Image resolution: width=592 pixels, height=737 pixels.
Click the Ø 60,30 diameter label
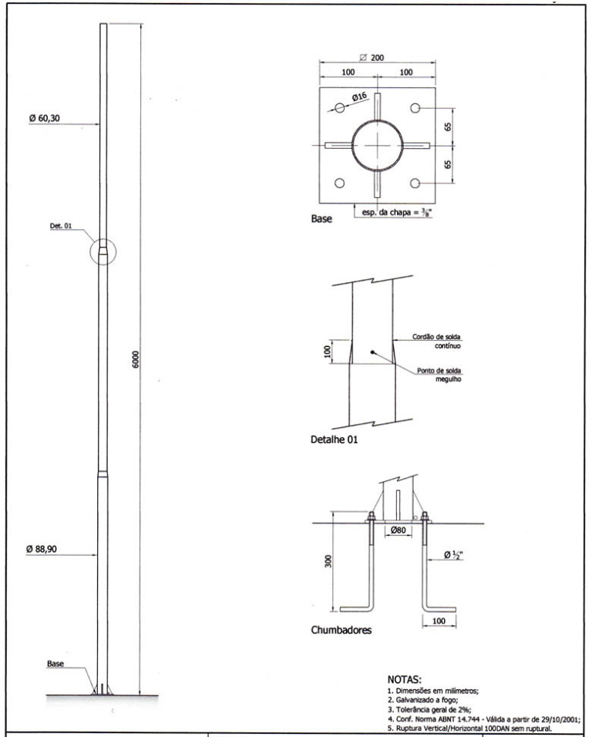(x=45, y=118)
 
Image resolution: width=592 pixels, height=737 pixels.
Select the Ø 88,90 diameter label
(x=42, y=549)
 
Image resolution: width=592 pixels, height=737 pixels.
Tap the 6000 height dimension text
(x=136, y=359)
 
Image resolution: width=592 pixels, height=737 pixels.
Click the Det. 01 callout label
(x=61, y=226)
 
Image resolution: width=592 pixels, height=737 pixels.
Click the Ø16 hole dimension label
(x=359, y=97)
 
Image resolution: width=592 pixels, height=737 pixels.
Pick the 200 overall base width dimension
(x=372, y=57)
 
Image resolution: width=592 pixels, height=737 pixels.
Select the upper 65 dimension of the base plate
(x=448, y=126)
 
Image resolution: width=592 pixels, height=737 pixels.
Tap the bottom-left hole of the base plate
(x=340, y=183)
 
